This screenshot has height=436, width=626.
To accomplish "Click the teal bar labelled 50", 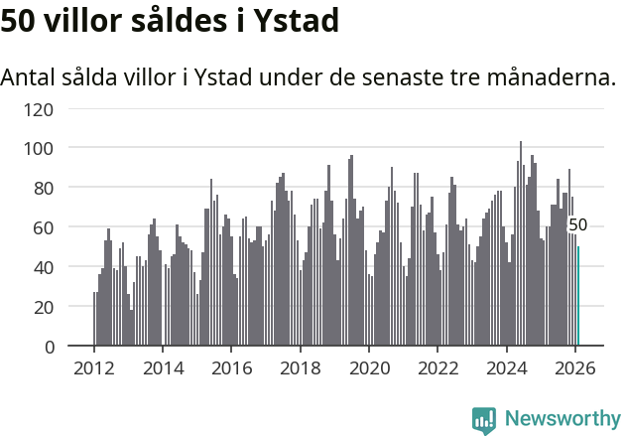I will click(x=578, y=297).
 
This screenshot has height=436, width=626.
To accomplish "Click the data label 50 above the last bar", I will click(x=577, y=225).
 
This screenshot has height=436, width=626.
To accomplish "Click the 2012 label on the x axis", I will click(x=94, y=368).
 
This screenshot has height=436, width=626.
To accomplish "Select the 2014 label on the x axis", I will click(x=163, y=368).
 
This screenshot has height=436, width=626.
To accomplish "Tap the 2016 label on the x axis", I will click(x=231, y=368).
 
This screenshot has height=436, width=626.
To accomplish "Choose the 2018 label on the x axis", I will click(x=301, y=368).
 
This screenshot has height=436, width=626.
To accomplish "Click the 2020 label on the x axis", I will click(x=369, y=368).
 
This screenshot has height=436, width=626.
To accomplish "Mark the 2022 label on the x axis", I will click(x=438, y=368).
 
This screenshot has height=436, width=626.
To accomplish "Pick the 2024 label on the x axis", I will click(x=507, y=368).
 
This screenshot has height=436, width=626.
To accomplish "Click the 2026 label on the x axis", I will click(x=575, y=368).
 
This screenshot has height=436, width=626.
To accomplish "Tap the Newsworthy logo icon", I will click(x=484, y=420).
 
